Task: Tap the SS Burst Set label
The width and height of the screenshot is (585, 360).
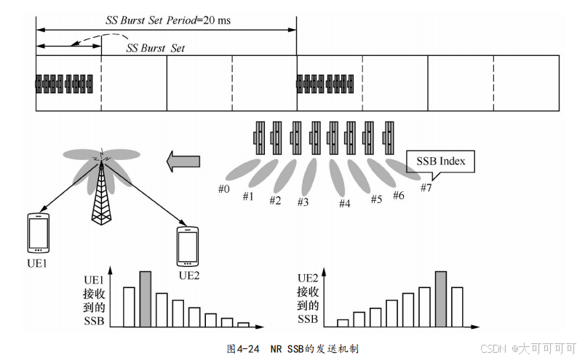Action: click(x=156, y=48)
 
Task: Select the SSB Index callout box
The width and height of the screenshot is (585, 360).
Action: click(x=440, y=161)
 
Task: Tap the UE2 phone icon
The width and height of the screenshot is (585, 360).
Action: click(x=188, y=247)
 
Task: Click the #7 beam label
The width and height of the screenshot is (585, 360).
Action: click(x=426, y=188)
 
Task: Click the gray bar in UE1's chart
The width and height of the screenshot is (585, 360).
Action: click(x=146, y=299)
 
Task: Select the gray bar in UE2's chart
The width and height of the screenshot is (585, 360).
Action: click(x=440, y=299)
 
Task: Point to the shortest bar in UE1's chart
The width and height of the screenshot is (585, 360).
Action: click(x=243, y=324)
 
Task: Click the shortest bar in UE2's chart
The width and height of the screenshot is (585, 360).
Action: click(x=343, y=323)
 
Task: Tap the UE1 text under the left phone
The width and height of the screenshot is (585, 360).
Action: click(x=36, y=263)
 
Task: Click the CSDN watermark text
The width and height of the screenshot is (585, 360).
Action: click(x=494, y=349)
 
